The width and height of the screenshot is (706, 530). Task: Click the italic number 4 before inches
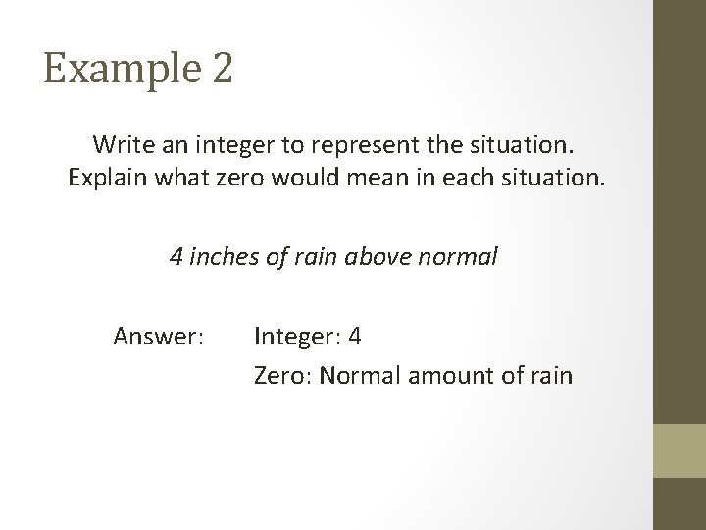(x=176, y=258)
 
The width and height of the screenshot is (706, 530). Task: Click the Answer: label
(x=159, y=338)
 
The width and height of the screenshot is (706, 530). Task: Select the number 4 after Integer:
(x=355, y=338)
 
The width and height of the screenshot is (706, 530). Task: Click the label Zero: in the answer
(x=281, y=375)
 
